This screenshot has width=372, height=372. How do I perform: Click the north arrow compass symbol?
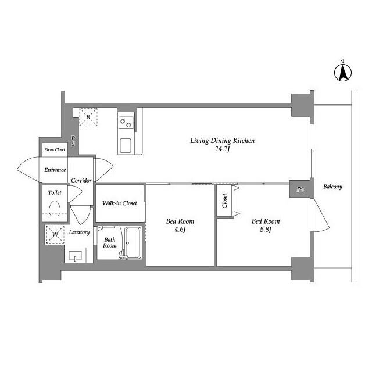(342, 71)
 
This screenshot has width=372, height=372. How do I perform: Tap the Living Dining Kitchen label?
(223, 141)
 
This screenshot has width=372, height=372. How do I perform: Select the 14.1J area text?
(223, 149)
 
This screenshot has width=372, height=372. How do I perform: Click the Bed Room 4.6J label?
(180, 225)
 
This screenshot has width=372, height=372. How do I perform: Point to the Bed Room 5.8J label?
(266, 225)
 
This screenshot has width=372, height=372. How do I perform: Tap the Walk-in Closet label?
(120, 203)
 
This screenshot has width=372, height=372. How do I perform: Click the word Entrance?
(55, 170)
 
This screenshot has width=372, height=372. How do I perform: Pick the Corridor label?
(82, 181)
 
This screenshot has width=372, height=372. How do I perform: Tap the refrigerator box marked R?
(88, 117)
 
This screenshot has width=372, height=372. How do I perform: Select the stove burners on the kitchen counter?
(126, 123)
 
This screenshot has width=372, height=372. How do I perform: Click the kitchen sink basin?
(126, 145)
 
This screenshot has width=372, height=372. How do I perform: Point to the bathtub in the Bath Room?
(134, 243)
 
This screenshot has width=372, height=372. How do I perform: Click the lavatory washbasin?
(75, 256)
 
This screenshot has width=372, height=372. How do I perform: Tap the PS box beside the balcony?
(300, 189)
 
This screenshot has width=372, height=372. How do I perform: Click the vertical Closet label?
(225, 201)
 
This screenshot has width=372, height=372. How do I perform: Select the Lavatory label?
(79, 233)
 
